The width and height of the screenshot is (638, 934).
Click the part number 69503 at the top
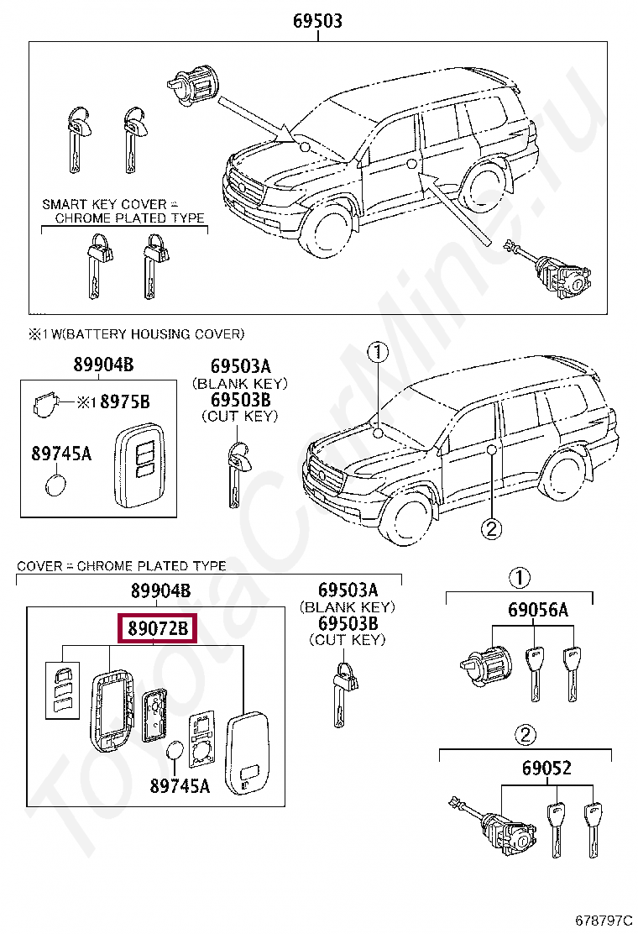tap(318, 21)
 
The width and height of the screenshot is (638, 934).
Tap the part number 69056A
tap(537, 609)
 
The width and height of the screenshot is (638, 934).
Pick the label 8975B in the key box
tap(124, 402)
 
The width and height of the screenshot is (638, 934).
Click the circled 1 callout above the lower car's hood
tap(378, 352)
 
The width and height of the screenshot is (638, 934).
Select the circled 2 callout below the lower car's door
tap(492, 528)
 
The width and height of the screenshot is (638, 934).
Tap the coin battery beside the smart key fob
tap(56, 485)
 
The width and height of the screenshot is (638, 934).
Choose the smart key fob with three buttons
tap(139, 465)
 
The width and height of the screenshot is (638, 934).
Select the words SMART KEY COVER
tap(104, 204)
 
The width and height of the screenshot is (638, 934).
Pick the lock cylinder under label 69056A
tap(486, 664)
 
